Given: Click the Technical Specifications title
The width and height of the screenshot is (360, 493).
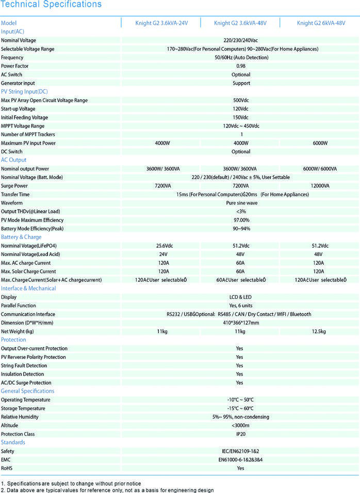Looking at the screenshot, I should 51,5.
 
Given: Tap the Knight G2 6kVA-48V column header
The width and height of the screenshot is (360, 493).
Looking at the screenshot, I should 321,23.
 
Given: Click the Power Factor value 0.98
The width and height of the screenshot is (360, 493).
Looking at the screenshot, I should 241,66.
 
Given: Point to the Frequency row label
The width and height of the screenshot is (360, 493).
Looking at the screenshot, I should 12,57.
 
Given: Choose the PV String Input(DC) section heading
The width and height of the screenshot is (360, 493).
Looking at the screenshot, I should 24,91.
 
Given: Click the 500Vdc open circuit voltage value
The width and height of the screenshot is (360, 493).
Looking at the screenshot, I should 241,100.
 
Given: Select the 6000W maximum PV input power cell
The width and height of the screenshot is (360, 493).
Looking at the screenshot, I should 320,143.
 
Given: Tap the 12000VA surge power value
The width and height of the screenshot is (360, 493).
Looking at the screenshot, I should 320,186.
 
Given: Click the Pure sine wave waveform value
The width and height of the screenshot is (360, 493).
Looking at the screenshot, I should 241,203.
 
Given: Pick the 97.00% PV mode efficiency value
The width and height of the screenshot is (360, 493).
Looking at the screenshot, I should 241,220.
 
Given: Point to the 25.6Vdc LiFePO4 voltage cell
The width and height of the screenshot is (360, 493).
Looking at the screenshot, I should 163,246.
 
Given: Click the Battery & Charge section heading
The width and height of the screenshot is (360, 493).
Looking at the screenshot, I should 21,237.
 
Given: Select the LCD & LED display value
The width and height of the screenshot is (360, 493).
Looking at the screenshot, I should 241,297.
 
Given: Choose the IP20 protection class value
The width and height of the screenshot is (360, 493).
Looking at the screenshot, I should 241,434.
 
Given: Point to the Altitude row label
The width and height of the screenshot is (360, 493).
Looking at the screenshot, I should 10,425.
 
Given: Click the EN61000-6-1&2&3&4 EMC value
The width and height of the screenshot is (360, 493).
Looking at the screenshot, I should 241,459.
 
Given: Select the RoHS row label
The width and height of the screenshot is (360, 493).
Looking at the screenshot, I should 7,468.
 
